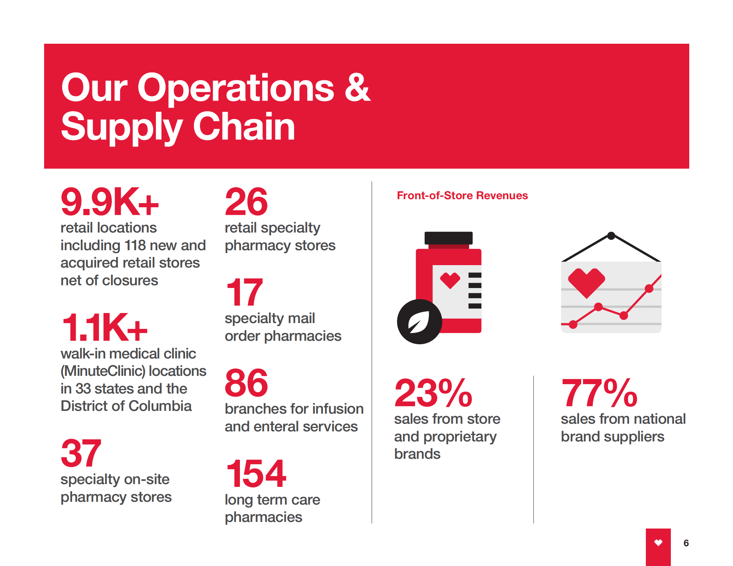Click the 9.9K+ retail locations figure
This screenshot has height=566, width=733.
(109, 202)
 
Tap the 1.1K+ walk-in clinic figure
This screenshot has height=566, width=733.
(104, 328)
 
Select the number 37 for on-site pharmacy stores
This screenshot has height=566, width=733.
(81, 453)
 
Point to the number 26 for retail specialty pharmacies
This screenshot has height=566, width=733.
(246, 202)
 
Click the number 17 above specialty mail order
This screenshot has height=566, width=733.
(244, 292)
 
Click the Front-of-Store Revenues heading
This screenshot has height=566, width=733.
(462, 195)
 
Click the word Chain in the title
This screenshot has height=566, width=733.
(244, 127)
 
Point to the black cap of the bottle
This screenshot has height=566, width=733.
(448, 238)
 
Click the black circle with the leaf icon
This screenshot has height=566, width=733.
(419, 322)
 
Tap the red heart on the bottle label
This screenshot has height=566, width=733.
(450, 280)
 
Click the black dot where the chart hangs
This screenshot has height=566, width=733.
(611, 236)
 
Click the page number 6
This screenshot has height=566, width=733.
(686, 543)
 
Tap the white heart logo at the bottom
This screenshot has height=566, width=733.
(658, 542)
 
